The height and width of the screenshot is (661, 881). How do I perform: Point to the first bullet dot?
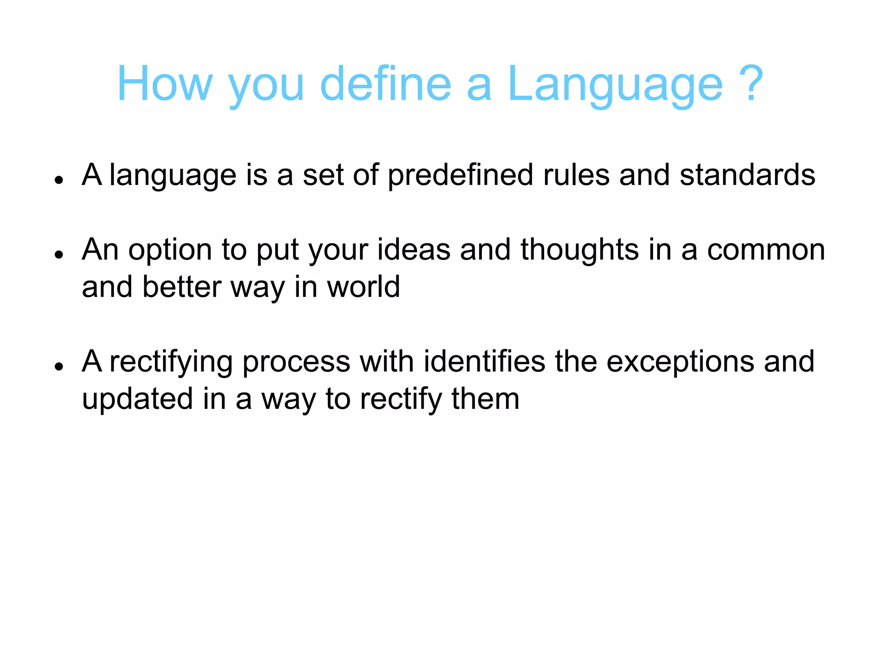tap(59, 180)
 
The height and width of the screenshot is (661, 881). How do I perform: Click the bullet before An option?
tap(59, 254)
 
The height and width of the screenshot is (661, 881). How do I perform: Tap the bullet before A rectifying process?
tap(59, 366)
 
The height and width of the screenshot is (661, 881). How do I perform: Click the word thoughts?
tap(579, 250)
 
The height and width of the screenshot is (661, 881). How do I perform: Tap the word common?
tap(766, 250)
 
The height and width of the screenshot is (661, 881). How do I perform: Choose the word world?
tap(363, 287)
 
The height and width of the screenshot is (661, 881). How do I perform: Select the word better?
tap(182, 287)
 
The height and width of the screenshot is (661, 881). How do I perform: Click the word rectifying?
tap(171, 362)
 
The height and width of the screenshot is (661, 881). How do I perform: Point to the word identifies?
tap(484, 361)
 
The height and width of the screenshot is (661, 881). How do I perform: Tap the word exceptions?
tap(680, 362)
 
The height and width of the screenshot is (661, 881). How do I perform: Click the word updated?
tap(137, 399)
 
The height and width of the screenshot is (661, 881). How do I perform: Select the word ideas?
tap(414, 250)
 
